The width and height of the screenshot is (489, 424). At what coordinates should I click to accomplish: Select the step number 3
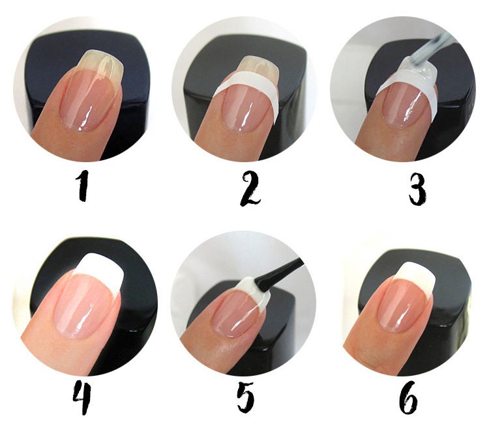[417, 189]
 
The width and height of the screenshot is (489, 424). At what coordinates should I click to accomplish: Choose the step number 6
[408, 398]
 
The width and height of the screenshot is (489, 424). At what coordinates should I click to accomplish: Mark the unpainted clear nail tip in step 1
[102, 65]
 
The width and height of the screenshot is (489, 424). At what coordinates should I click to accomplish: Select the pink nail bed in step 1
[88, 100]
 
